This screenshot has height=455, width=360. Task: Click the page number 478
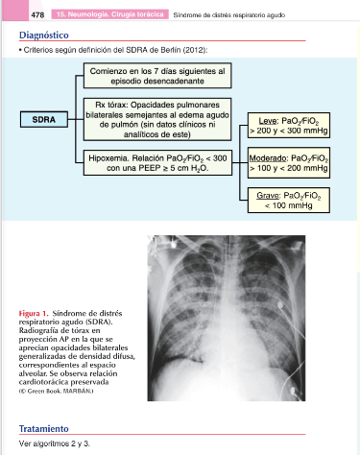37,14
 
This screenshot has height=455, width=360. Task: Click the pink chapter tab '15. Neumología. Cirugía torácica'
110,14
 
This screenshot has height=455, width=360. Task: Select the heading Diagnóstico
44,35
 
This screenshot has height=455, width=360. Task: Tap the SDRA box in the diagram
44,119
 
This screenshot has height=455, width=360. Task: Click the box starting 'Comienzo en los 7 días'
157,76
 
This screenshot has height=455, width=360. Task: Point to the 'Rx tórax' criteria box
157,119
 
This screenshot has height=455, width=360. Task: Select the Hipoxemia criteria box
157,162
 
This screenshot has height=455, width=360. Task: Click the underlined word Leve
268,121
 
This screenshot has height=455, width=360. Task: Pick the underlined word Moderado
268,158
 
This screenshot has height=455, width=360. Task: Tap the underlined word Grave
269,196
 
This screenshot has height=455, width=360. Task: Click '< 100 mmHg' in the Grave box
289,205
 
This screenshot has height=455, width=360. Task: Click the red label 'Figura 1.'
34,313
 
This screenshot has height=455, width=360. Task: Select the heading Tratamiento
44,428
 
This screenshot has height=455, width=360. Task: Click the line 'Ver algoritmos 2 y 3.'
55,443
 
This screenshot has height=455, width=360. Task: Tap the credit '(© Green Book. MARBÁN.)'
56,391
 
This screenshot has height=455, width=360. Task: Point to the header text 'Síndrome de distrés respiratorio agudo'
229,15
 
